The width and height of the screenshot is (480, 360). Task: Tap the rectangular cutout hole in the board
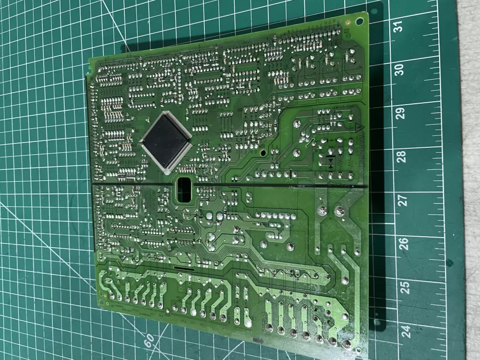click(184, 190)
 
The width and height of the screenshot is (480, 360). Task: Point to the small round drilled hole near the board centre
click(263, 154)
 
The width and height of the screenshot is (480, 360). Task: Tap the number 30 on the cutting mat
click(399, 70)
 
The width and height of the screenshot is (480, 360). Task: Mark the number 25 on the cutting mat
click(405, 287)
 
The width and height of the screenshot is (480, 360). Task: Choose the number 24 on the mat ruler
click(406, 331)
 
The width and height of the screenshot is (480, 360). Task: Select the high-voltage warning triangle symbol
click(357, 126)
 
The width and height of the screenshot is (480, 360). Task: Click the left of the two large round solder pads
click(323, 210)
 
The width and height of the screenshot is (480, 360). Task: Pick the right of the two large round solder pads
click(340, 210)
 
